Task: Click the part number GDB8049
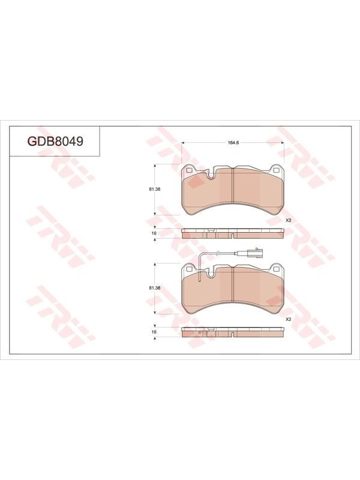(55, 141)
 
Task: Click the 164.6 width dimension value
(233, 142)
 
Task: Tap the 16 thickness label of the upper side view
(154, 233)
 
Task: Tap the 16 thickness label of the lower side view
(154, 332)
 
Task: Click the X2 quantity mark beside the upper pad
(288, 220)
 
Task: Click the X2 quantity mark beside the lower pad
(288, 319)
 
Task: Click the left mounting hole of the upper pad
(188, 170)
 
